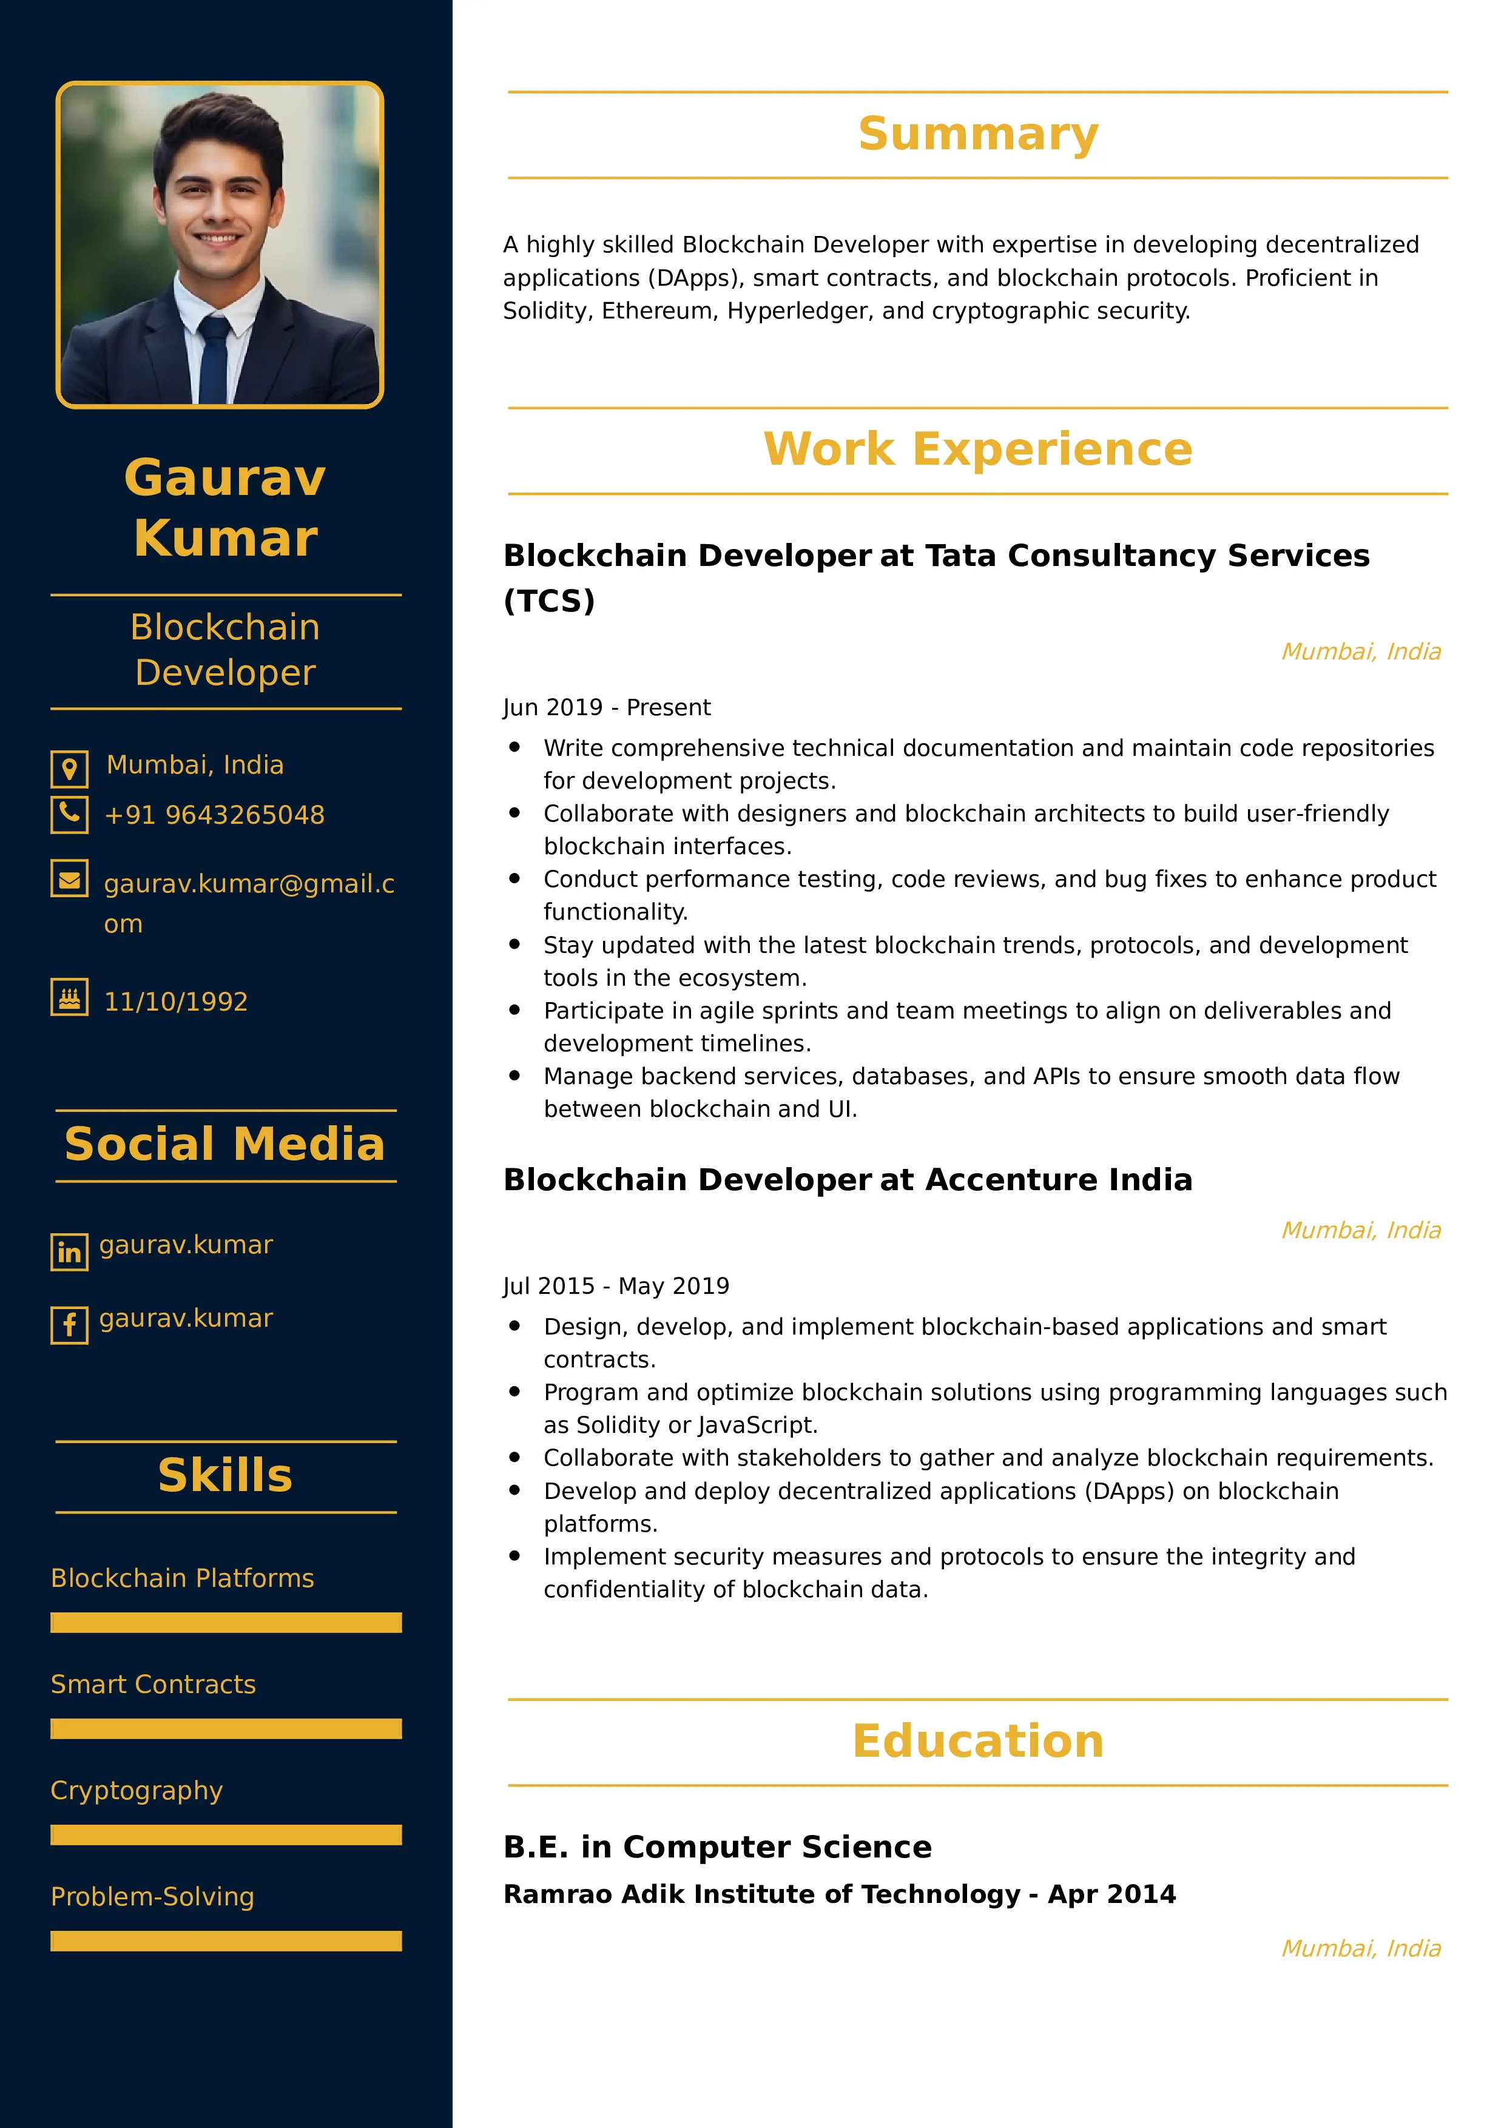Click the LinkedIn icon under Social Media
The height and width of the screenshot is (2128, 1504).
70,1252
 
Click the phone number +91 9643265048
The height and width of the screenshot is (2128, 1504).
214,815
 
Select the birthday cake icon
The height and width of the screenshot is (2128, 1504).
70,997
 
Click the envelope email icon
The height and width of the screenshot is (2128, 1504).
70,878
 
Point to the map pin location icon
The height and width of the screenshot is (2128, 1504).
70,769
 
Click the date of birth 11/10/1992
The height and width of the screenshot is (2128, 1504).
176,1002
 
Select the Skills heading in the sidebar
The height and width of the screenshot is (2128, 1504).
225,1475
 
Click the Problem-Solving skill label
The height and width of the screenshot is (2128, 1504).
152,1896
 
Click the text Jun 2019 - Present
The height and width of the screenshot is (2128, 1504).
607,707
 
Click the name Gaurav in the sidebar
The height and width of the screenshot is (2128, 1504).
225,477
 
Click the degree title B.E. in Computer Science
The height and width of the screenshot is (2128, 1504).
717,1847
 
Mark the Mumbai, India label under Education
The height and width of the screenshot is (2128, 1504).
1360,1948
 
